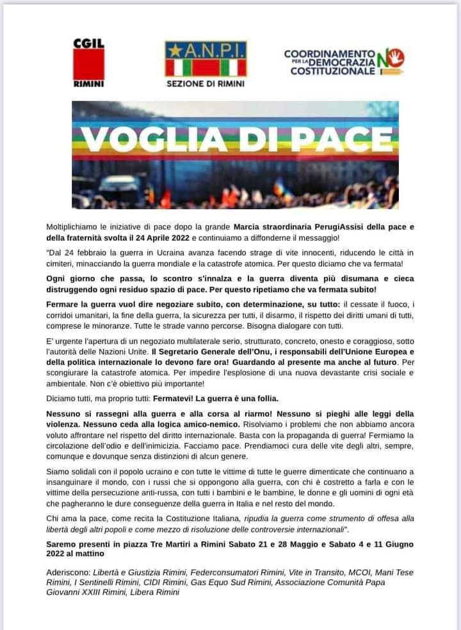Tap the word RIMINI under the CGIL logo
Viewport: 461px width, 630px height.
pyautogui.click(x=88, y=83)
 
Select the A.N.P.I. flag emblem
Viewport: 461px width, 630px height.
pyautogui.click(x=206, y=60)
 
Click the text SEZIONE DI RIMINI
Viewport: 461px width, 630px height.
pyautogui.click(x=206, y=83)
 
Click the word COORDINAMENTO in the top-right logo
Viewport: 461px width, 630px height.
pyautogui.click(x=329, y=53)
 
